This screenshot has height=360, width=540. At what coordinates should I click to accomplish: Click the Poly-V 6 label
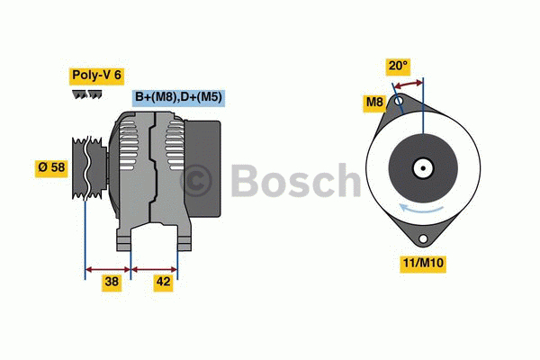96,77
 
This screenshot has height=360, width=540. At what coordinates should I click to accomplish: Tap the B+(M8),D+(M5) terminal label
178,97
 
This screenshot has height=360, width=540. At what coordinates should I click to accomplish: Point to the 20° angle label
397,66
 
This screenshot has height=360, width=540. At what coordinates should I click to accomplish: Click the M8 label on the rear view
374,102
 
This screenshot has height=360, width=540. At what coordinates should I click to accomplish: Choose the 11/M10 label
423,264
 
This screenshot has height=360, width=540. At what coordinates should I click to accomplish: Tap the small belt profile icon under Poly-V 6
87,95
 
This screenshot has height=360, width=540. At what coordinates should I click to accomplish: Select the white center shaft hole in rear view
422,167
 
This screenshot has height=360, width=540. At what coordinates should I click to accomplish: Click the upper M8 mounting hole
398,100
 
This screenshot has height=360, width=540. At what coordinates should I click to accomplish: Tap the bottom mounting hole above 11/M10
422,238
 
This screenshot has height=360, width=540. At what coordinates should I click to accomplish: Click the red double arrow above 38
108,267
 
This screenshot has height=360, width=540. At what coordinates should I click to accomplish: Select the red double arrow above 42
155,267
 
